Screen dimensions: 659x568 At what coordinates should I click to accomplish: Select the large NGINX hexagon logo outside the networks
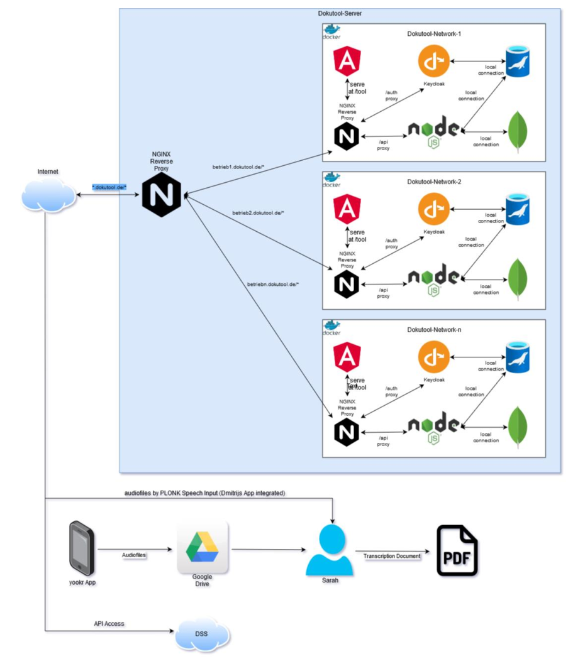tap(162, 195)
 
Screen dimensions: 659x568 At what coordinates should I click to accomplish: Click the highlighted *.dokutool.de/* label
tap(109, 187)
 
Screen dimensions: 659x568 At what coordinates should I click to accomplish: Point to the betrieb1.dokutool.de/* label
tap(238, 166)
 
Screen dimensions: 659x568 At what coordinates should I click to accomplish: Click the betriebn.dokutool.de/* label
tap(273, 284)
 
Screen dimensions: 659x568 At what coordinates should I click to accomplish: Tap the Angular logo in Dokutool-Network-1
tap(346, 62)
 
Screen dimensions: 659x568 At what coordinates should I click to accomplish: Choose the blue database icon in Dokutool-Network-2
tap(519, 209)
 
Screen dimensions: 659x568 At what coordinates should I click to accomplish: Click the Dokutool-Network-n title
tap(433, 329)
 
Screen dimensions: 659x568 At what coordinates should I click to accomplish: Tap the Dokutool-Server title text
tap(340, 13)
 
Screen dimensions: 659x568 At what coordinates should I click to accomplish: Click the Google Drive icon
tap(203, 546)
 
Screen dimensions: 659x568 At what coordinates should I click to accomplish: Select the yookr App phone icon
tap(82, 548)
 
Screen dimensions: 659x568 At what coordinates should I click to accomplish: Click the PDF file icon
tap(457, 551)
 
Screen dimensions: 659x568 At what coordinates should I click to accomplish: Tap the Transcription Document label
tap(392, 555)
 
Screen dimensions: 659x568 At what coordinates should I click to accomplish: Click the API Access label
tap(109, 624)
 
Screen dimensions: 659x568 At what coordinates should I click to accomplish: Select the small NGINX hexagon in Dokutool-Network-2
tap(347, 285)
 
